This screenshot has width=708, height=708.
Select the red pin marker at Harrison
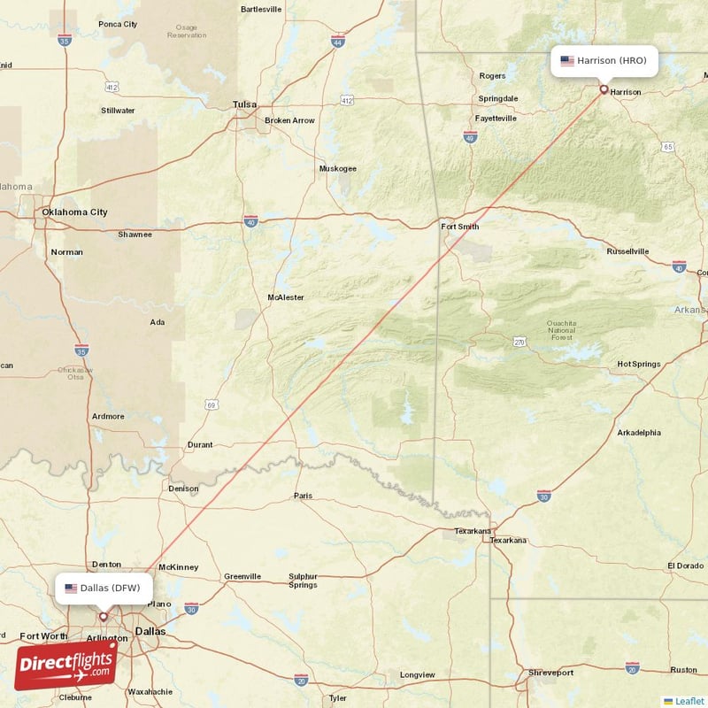pyautogui.click(x=604, y=88)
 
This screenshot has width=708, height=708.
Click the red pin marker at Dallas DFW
pyautogui.click(x=104, y=616)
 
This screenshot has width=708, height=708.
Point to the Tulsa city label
pyautogui.click(x=244, y=104)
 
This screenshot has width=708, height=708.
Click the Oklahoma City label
pyautogui.click(x=75, y=212)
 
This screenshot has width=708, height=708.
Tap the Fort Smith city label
pyautogui.click(x=459, y=227)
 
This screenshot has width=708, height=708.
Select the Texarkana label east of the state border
pyautogui.click(x=508, y=540)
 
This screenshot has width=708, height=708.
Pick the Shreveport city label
pyautogui.click(x=550, y=673)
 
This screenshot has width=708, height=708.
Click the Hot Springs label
pyautogui.click(x=638, y=364)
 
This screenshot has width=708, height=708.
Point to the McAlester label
pyautogui.click(x=288, y=297)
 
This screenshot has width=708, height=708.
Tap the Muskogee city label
pyautogui.click(x=337, y=168)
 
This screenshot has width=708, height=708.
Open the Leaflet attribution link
pyautogui.click(x=689, y=701)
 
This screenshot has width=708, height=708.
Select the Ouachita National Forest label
pyautogui.click(x=561, y=330)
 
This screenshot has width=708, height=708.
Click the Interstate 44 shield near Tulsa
pyautogui.click(x=337, y=42)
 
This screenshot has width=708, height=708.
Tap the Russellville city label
pyautogui.click(x=627, y=251)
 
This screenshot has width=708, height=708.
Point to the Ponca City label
pyautogui.click(x=118, y=24)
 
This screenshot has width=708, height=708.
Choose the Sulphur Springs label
pyautogui.click(x=303, y=581)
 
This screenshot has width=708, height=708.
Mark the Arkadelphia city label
pyautogui.click(x=638, y=433)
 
